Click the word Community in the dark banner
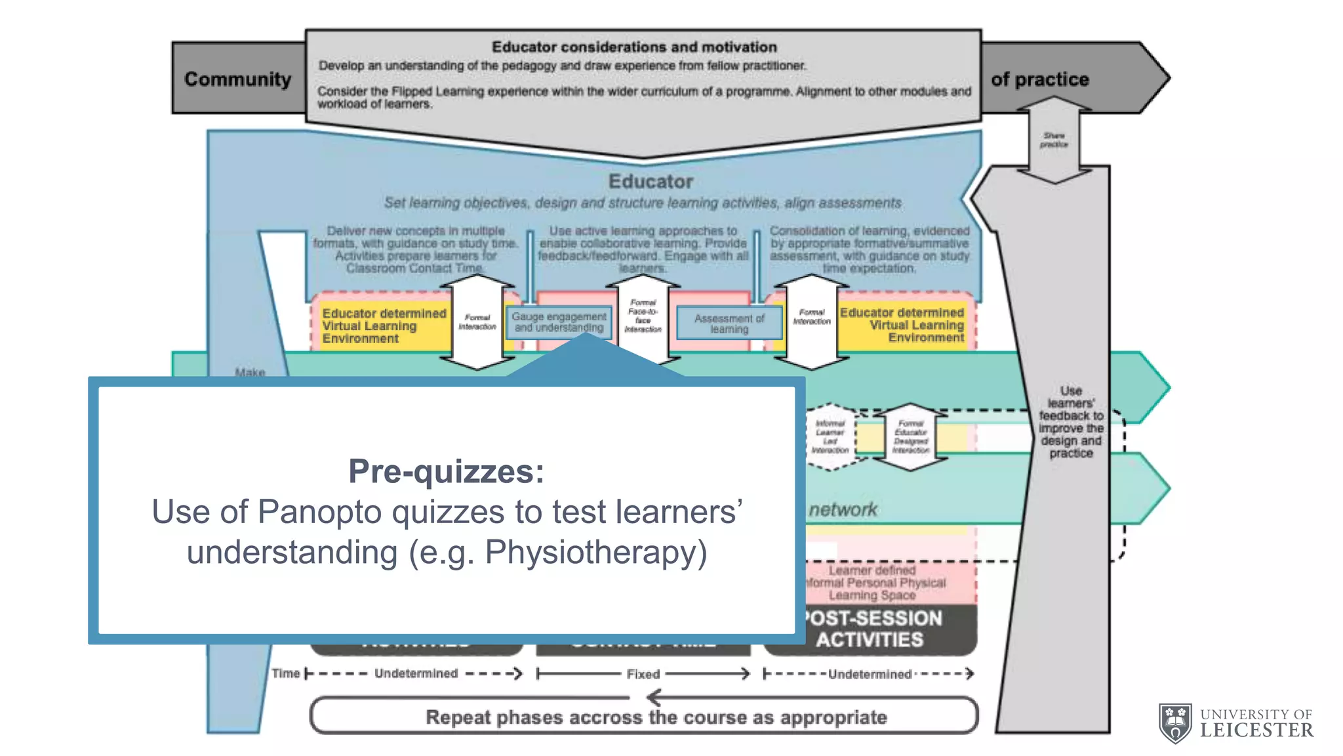pos(237,79)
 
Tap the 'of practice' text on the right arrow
pos(1039,79)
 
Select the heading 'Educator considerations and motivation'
pos(634,47)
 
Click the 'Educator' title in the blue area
pos(650,181)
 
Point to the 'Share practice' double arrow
pos(1054,140)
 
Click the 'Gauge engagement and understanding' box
pos(559,322)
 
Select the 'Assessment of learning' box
pos(729,324)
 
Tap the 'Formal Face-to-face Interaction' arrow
pos(643,316)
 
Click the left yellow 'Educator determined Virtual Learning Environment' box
pos(382,325)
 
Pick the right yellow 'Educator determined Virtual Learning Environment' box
pos(903,325)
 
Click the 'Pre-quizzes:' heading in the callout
pos(446,471)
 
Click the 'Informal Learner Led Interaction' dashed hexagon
pos(830,437)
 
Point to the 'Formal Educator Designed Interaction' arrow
pos(910,437)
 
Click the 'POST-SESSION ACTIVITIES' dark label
pos(872,629)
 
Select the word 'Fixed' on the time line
pos(643,674)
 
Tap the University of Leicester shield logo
pos(1176,723)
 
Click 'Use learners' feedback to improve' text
pos(1071,421)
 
